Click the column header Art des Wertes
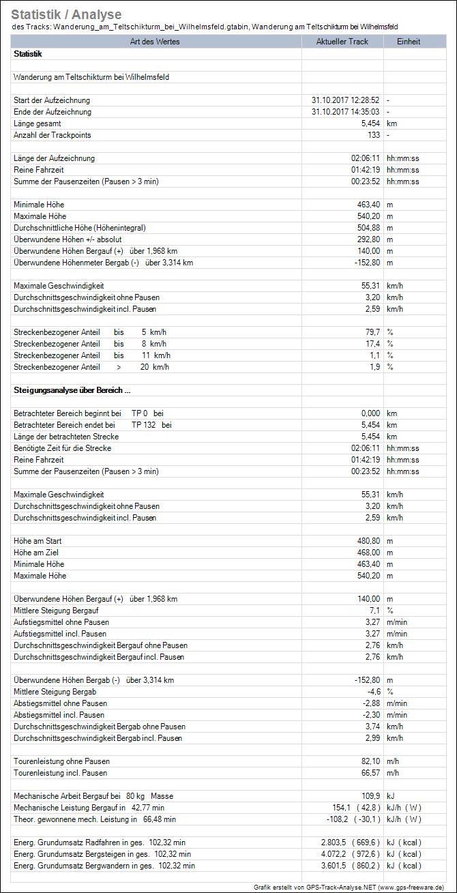[156, 42]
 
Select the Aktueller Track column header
[342, 42]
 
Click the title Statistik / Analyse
[67, 14]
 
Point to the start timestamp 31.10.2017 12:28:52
[345, 100]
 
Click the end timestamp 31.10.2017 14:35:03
[345, 112]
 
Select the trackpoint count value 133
[373, 135]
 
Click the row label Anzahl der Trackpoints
[53, 135]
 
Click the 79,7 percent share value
[371, 332]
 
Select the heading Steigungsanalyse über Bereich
[72, 390]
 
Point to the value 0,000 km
[369, 413]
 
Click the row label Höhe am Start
[38, 541]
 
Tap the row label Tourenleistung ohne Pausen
[61, 761]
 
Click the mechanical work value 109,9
[370, 796]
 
